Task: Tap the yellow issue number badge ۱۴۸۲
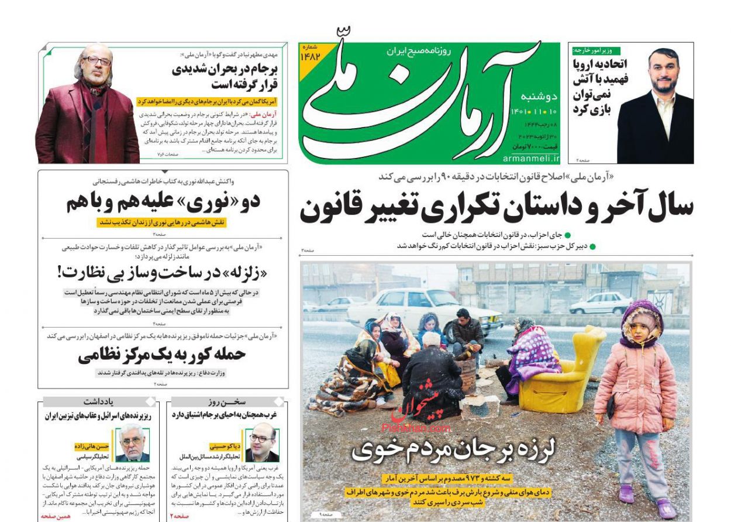pyautogui.click(x=311, y=53)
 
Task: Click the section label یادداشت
pyautogui.click(x=98, y=402)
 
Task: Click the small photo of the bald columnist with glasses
pyautogui.click(x=261, y=444)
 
